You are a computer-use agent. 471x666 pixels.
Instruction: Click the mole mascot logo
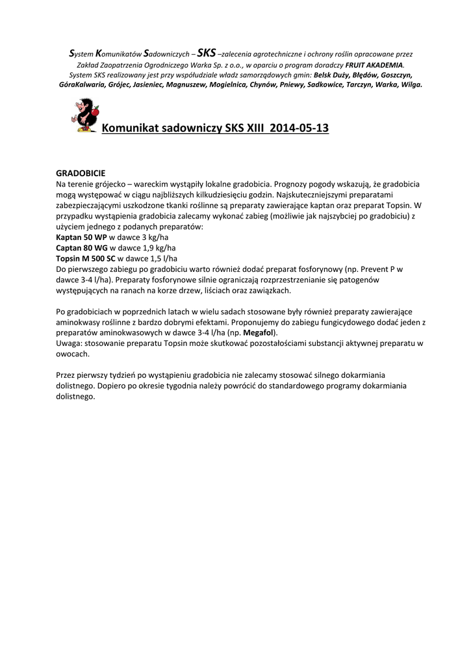tap(84, 115)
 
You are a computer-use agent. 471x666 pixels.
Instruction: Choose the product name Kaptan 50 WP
tap(81, 237)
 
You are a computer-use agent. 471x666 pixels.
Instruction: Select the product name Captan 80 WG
tap(81, 248)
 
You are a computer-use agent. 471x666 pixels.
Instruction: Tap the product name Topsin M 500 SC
tap(86, 258)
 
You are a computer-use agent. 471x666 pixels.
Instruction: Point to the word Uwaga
tap(69, 343)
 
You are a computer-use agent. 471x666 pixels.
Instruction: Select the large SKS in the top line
tap(206, 53)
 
